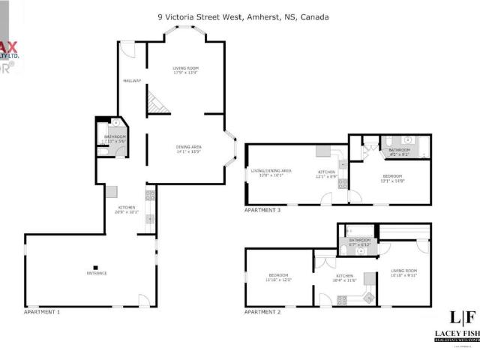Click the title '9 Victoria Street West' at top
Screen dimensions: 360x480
pos(199,16)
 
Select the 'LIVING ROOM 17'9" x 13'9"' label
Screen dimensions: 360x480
pos(186,71)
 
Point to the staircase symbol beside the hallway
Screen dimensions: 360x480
pos(155,101)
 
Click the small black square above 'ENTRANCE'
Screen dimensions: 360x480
pos(96,266)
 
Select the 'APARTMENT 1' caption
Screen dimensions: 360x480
pos(42,311)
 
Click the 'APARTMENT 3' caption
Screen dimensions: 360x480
pos(262,211)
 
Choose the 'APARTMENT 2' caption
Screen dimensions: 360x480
pos(262,311)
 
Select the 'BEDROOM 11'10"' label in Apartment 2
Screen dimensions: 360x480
pos(280,277)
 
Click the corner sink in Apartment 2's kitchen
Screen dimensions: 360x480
pos(369,297)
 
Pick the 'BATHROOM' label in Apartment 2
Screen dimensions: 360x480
pos(360,241)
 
